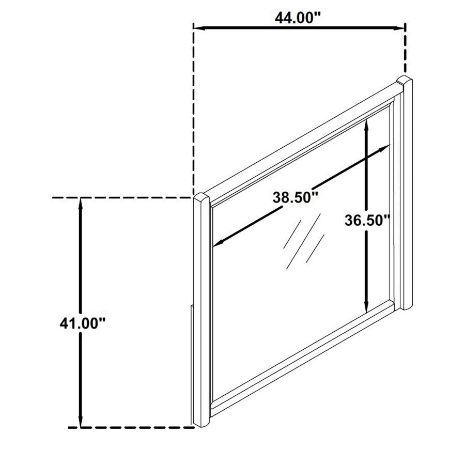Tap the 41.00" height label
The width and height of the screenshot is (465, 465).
(83, 323)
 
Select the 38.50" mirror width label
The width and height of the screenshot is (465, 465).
(296, 197)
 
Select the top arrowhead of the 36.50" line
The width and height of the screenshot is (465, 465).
(366, 125)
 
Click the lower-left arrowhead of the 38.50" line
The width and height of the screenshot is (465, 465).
(218, 243)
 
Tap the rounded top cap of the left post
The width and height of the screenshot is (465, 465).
(202, 197)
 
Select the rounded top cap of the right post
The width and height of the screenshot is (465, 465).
(404, 80)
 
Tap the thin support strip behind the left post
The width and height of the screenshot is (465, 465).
(192, 365)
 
